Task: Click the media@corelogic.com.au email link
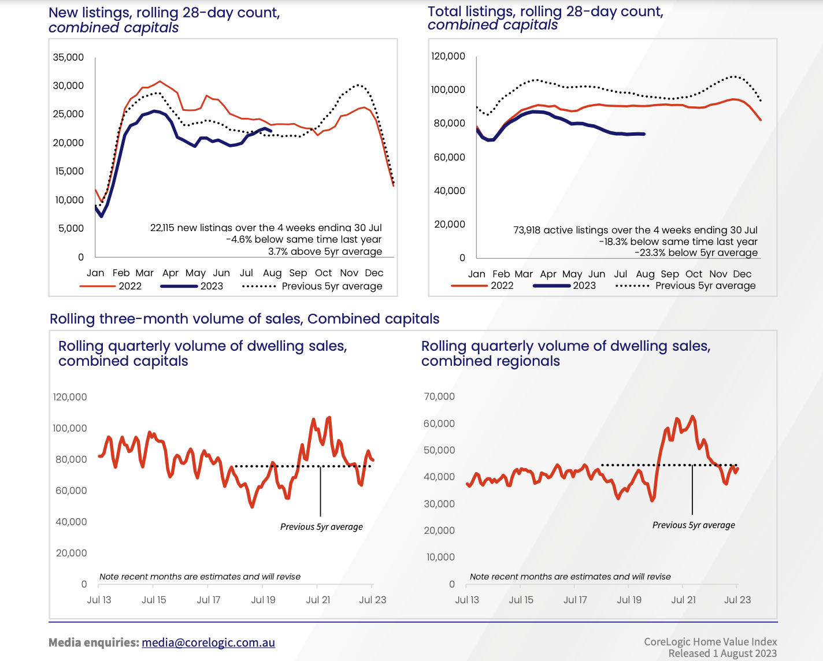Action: coord(208,643)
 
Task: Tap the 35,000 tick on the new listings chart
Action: coord(68,57)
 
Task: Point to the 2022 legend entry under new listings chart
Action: coord(129,286)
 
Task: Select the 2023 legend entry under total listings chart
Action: coord(584,285)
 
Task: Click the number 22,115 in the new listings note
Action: coord(162,228)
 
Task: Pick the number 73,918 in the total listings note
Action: coord(527,230)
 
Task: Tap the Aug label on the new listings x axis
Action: coord(272,273)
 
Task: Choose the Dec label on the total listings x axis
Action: coord(742,274)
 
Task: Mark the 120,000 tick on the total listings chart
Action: coord(448,56)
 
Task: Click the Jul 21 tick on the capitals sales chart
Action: coord(318,600)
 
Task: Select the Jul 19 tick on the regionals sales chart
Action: coord(629,600)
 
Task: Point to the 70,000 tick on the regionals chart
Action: coord(439,396)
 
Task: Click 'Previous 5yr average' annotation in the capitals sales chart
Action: coord(321,527)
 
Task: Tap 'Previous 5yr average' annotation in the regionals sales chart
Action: coord(694,525)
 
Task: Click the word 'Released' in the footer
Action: coord(689,653)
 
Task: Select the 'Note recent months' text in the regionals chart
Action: coord(570,577)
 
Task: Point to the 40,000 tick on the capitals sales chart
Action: coord(71,522)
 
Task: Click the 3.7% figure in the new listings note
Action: coord(277,251)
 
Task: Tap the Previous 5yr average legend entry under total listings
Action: coord(705,285)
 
